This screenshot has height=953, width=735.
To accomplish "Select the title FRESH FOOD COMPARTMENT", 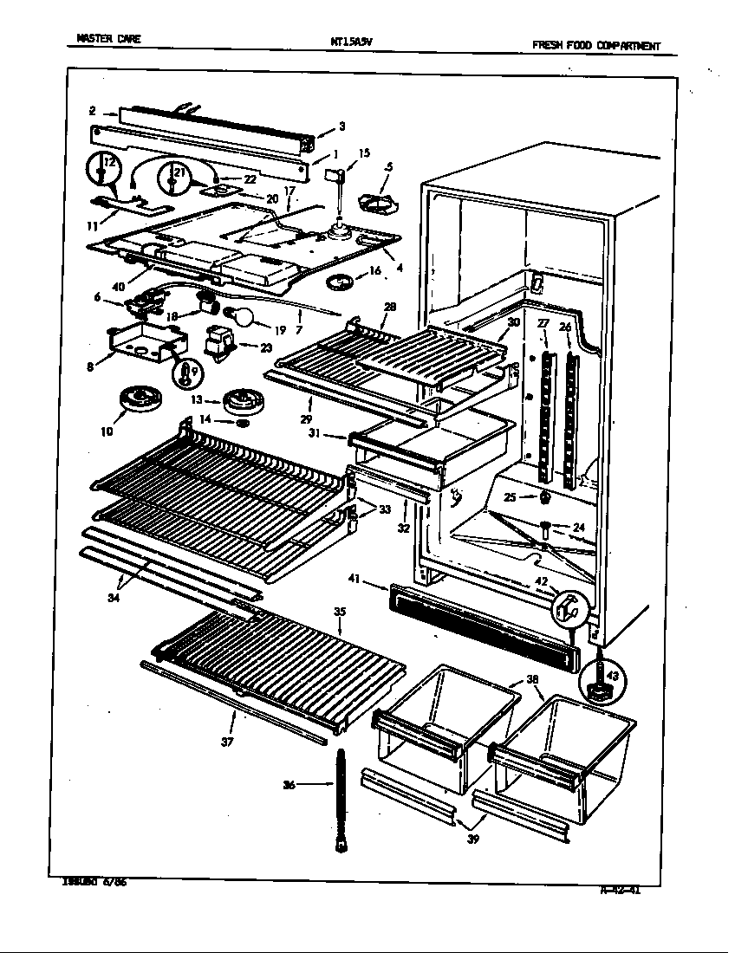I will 595,46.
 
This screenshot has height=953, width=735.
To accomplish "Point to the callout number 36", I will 289,785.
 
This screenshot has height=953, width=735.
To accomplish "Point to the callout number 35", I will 339,612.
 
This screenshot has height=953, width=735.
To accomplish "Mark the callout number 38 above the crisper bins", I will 531,680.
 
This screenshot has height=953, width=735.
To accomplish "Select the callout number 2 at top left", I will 92,111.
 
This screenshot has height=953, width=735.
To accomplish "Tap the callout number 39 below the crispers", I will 473,840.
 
